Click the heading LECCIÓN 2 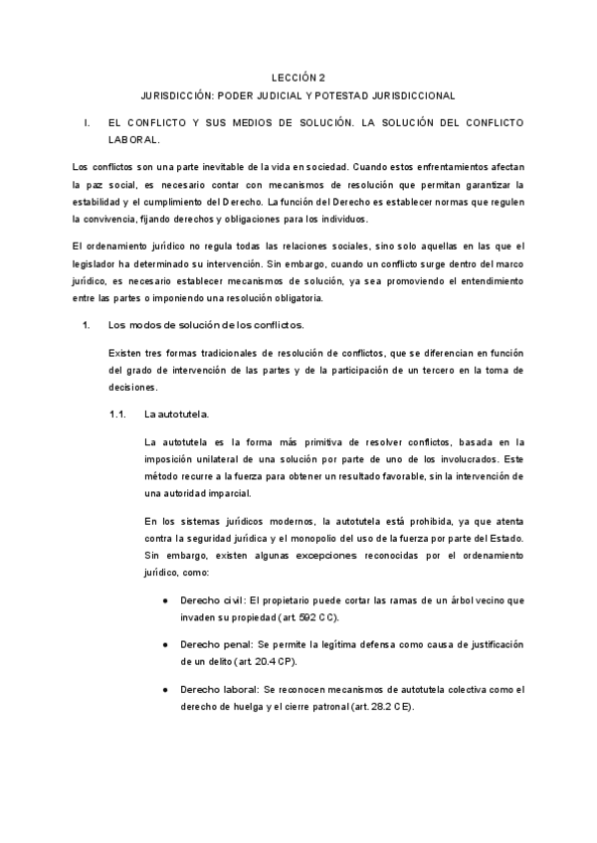[x=298, y=77]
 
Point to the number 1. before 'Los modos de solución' [x=87, y=325]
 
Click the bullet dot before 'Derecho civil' [x=163, y=602]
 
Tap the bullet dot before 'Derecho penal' [x=163, y=646]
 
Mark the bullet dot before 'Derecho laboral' [x=163, y=690]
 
